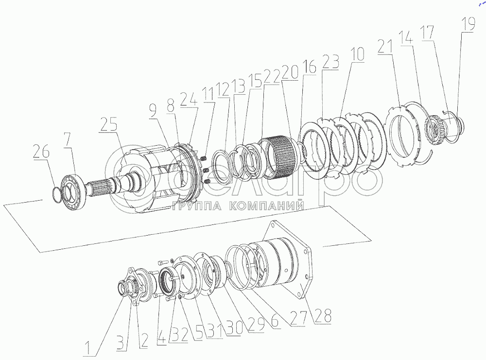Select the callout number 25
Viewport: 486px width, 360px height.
(108, 124)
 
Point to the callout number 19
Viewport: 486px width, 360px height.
(469, 24)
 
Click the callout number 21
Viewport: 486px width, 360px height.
(385, 47)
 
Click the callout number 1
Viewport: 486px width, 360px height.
(89, 347)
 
